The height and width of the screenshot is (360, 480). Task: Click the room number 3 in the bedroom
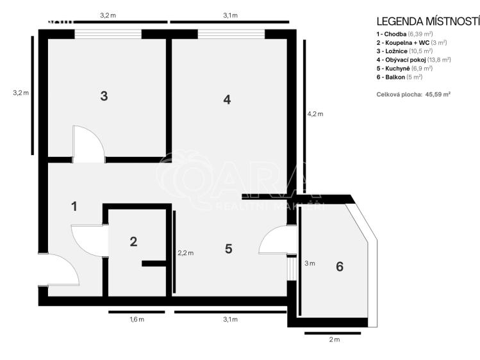point(104,97)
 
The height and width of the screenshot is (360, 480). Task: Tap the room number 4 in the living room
point(226,99)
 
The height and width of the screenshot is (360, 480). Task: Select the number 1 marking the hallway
point(74,206)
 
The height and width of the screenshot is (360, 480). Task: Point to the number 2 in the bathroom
point(133,241)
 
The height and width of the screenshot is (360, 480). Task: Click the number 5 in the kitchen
point(229,249)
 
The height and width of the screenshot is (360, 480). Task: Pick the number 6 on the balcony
point(340,266)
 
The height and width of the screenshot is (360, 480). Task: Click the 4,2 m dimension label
point(315,114)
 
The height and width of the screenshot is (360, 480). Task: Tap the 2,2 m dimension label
point(185,252)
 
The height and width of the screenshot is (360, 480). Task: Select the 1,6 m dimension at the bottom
point(137,319)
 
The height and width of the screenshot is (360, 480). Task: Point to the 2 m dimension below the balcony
point(333,340)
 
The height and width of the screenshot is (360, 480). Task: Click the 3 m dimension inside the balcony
point(310,263)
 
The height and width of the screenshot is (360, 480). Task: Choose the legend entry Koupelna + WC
point(411,42)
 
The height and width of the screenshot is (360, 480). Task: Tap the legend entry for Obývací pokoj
point(413,60)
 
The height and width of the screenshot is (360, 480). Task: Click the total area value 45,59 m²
point(434,94)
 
